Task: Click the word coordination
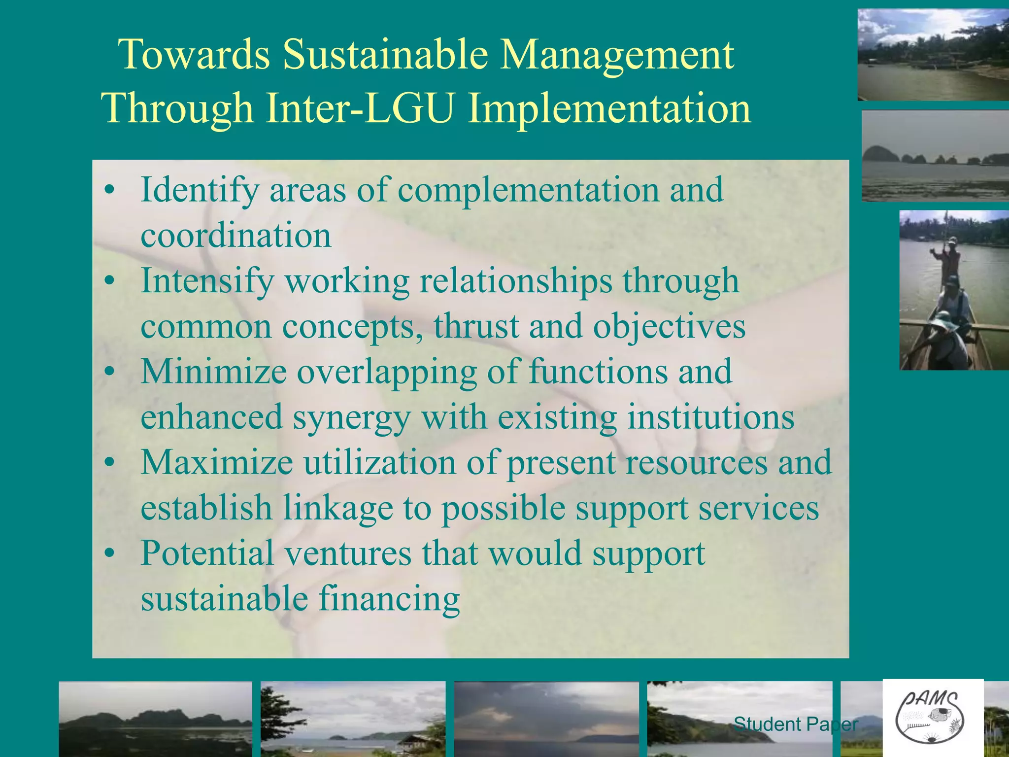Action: pyautogui.click(x=235, y=236)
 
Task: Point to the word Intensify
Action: pyautogui.click(x=207, y=281)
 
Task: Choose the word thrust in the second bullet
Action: pyautogui.click(x=476, y=326)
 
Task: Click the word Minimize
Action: pyautogui.click(x=213, y=372)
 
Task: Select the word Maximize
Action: pyautogui.click(x=217, y=463)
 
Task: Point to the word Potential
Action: pyautogui.click(x=207, y=553)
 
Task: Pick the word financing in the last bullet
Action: pyautogui.click(x=389, y=600)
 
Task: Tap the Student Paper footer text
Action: pyautogui.click(x=796, y=724)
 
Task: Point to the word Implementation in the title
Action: pyautogui.click(x=609, y=108)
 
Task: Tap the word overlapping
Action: pyautogui.click(x=387, y=373)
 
